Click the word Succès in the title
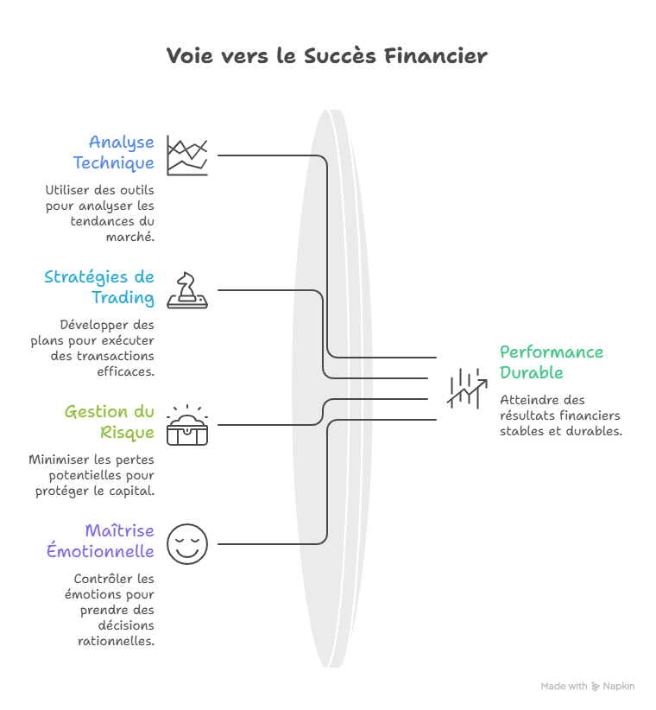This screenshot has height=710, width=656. coord(340,56)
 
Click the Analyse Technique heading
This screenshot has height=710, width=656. coord(114,153)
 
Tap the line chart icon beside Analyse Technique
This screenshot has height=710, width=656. coord(187,155)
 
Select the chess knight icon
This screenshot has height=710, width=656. coord(187,290)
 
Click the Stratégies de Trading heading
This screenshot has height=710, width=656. coord(99,288)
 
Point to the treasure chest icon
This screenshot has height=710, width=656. coord(187,425)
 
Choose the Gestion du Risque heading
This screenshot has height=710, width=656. coord(110,422)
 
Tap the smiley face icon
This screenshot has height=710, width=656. coord(187,544)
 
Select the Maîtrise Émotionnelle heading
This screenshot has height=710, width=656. coord(100,541)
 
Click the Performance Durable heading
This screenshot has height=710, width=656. coord(552,362)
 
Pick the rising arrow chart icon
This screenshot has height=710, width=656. coord(467,388)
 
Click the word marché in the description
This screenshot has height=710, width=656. coord(130,237)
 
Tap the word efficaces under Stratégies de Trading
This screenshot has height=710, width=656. coord(126,371)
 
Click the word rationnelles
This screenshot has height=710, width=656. coord(117,641)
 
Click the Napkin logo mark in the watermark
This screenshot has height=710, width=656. coord(596,687)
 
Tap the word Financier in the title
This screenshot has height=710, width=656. coord(436,56)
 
